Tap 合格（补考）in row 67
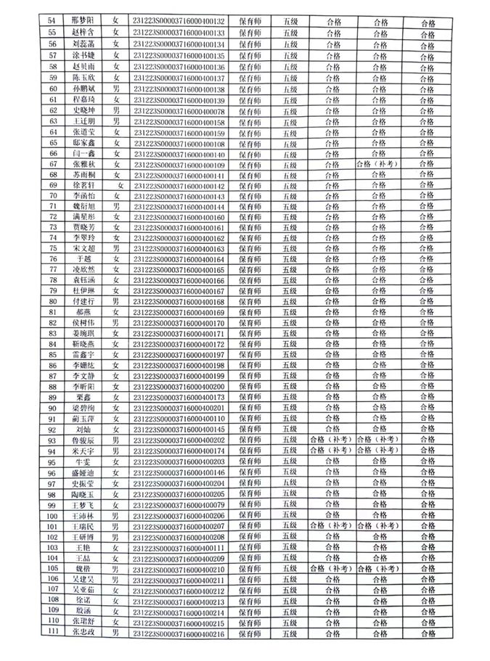click(x=376, y=165)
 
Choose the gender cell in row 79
click(x=115, y=291)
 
